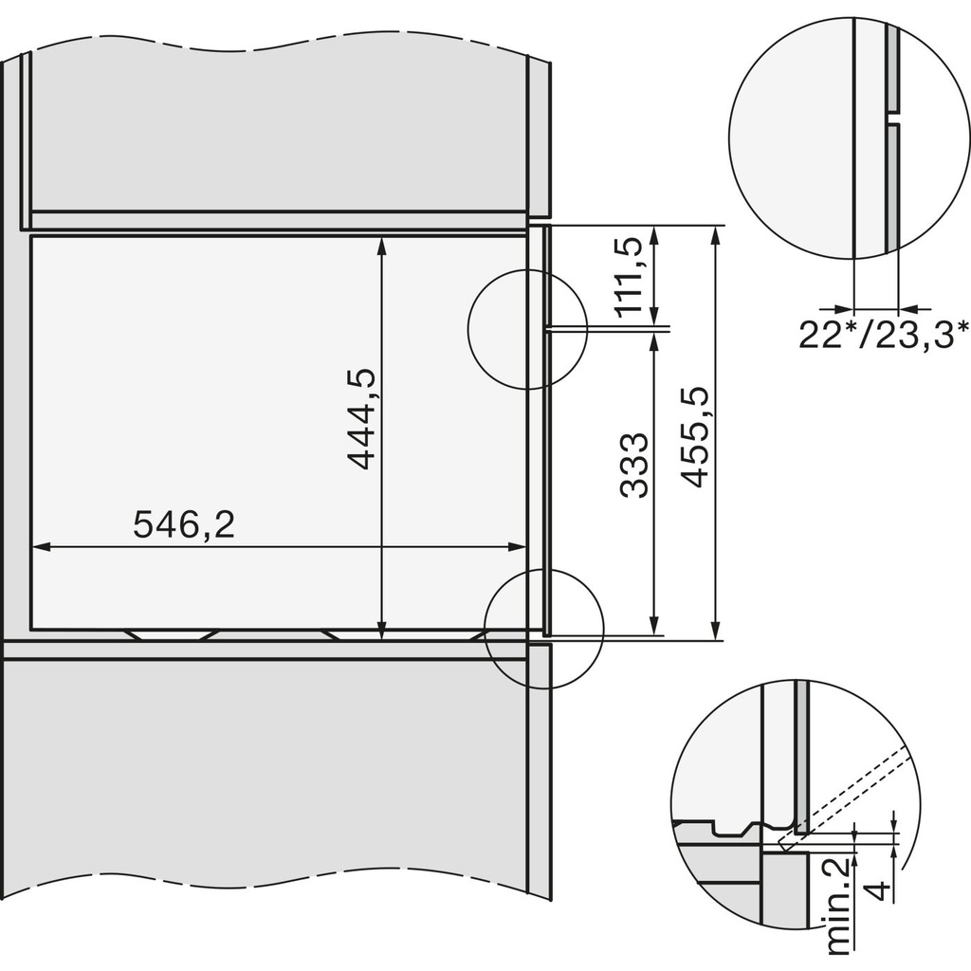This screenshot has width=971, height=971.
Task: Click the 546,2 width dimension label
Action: click(x=183, y=524)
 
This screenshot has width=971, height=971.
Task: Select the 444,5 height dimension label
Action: click(x=361, y=418)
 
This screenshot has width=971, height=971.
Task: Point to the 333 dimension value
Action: click(x=634, y=465)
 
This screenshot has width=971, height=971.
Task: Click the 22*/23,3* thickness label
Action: click(x=883, y=334)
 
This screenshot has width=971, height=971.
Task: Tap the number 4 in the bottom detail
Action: click(x=879, y=892)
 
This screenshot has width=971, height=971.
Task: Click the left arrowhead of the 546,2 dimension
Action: click(x=39, y=546)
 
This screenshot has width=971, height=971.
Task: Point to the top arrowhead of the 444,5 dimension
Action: click(x=381, y=243)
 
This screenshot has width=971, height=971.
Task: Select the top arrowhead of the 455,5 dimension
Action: click(x=712, y=232)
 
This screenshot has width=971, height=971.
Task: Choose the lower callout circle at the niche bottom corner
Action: click(x=543, y=630)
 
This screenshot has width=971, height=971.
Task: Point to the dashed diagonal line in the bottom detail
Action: click(x=844, y=790)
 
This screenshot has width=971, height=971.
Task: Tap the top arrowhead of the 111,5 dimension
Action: click(x=653, y=232)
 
